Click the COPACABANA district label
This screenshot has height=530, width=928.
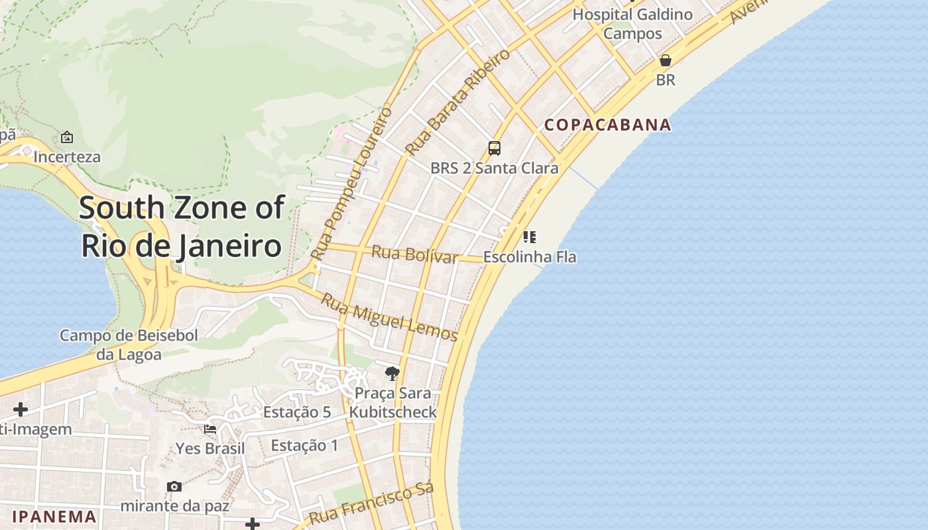(608, 125)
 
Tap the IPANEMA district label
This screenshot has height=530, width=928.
(54, 517)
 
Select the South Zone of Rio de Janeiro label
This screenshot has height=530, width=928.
(182, 226)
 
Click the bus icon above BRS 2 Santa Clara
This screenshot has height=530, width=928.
(494, 148)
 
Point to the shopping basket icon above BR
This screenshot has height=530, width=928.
(666, 60)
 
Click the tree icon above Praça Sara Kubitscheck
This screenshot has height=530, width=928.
(392, 374)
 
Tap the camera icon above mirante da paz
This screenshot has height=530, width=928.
(174, 487)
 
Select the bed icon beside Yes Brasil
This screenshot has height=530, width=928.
(210, 429)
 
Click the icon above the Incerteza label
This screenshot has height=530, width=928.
(67, 137)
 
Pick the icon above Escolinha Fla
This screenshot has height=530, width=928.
(529, 237)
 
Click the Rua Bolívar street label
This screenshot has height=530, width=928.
(415, 254)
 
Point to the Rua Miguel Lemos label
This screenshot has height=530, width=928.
(390, 317)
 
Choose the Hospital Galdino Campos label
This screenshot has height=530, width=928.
(632, 23)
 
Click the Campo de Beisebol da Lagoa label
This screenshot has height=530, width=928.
(129, 344)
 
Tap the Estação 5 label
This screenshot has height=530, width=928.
(297, 412)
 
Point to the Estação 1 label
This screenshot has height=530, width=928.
(305, 445)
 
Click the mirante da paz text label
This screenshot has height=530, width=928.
(174, 506)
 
